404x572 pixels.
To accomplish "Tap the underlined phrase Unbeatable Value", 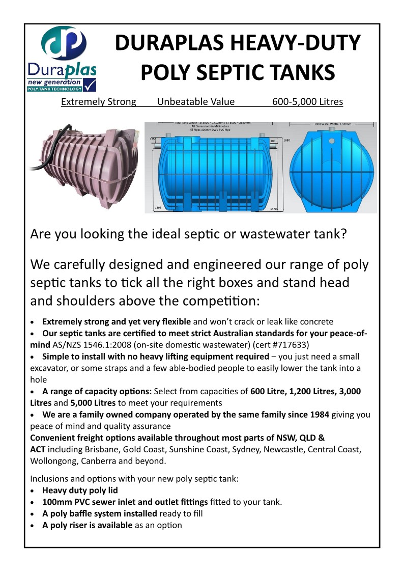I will click(196, 102).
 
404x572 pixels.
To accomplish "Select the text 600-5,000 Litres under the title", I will click(307, 102).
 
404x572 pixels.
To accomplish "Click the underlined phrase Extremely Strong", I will click(99, 102).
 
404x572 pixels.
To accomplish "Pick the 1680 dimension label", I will click(286, 140).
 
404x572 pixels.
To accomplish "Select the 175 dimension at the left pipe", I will click(152, 139).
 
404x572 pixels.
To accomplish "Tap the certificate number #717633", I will click(285, 344).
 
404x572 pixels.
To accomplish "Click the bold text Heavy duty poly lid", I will click(80, 491).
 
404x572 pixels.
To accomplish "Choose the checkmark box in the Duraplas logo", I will click(90, 84).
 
